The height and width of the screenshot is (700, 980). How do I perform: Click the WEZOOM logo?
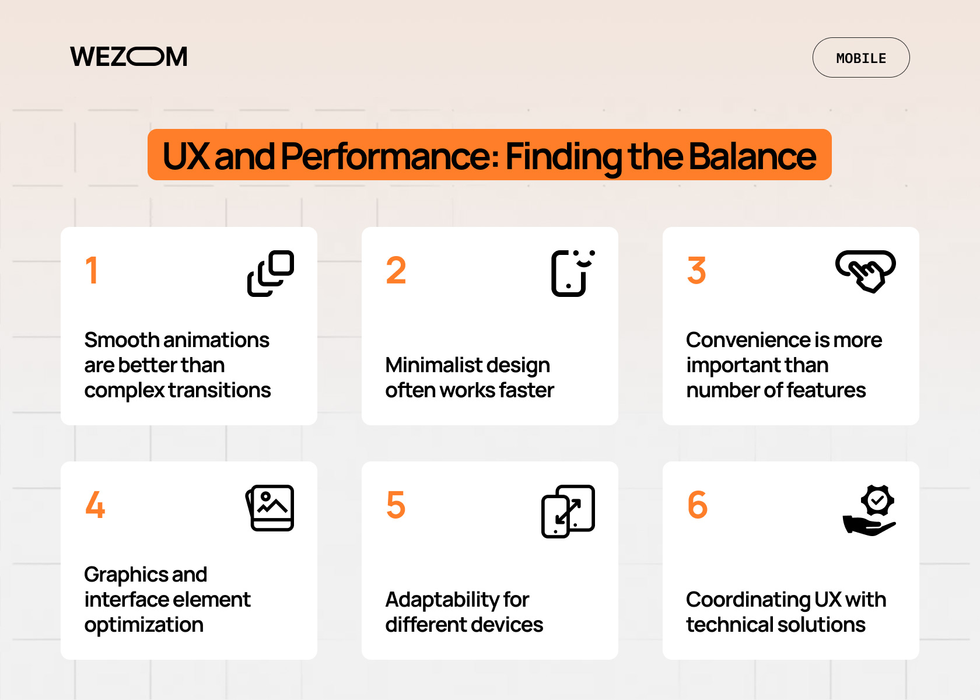coord(128,57)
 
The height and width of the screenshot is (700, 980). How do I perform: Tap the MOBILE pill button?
coord(861,58)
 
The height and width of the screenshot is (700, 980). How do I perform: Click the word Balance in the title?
coord(752,156)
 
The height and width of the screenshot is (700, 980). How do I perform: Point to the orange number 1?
coord(92,271)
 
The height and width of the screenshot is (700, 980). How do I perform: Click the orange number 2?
coord(396,271)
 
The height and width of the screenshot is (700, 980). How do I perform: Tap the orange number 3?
coord(696,271)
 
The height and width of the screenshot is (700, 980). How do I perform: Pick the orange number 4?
coord(95,505)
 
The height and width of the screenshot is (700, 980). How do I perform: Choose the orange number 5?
coord(396,505)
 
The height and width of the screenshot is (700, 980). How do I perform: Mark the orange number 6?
coord(698,505)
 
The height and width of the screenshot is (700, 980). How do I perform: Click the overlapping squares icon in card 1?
coord(271,274)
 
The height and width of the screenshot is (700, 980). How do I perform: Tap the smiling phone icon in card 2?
coord(573,274)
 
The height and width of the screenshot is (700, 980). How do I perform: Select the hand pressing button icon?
coord(866,271)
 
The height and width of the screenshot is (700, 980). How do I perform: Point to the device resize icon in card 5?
coord(568,511)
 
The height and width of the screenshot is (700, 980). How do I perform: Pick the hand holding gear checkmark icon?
coord(869,510)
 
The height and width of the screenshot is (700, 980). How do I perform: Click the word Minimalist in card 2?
coord(428,365)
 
